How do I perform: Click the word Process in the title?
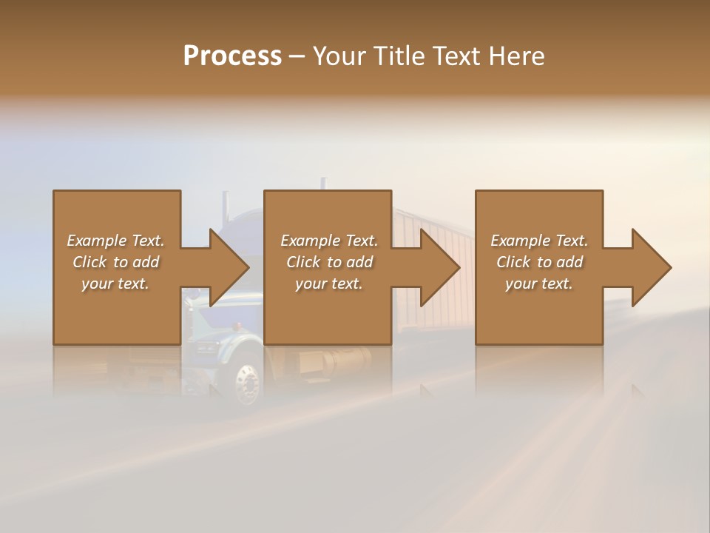[x=232, y=56]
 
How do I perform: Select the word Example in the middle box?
[x=308, y=241]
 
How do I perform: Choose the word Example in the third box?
[x=518, y=241]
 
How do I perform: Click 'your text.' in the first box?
[x=115, y=284]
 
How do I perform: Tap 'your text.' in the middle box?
[x=329, y=284]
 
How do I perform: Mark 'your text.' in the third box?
[x=539, y=284]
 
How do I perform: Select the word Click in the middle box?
[x=302, y=262]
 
